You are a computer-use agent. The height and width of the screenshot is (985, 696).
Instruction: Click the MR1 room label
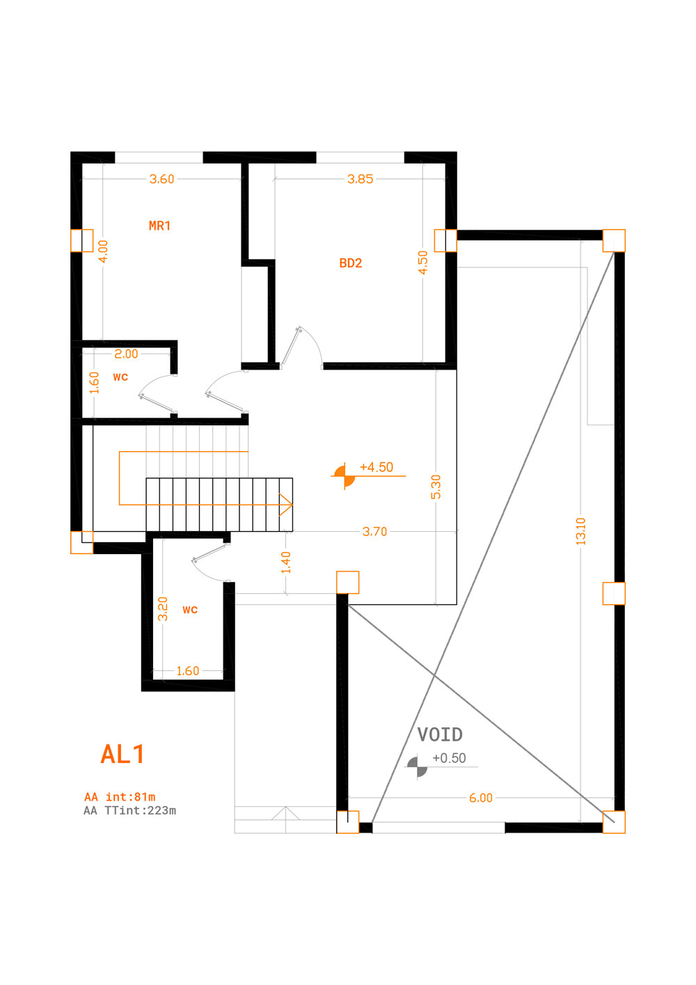click(x=159, y=226)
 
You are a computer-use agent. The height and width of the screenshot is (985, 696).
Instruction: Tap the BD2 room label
click(x=351, y=263)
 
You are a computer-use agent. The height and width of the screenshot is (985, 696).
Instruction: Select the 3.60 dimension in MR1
click(x=162, y=179)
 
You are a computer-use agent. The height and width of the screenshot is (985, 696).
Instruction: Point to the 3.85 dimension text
click(x=361, y=179)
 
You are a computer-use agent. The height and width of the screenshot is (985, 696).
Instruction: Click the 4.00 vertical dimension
click(x=103, y=251)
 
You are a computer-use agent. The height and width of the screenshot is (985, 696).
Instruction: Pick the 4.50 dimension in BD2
click(x=423, y=262)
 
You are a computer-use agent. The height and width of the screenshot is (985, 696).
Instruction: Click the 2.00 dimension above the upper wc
click(x=126, y=354)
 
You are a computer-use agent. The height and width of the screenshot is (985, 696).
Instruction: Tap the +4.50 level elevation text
click(x=377, y=467)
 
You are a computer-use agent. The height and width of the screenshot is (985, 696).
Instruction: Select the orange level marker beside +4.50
click(x=344, y=475)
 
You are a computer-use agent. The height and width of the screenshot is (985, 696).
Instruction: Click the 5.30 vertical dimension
click(x=436, y=487)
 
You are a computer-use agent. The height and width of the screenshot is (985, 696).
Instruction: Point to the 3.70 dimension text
click(x=374, y=532)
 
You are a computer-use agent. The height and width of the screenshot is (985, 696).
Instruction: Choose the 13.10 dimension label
click(x=581, y=531)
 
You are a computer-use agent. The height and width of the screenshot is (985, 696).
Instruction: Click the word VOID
click(x=440, y=734)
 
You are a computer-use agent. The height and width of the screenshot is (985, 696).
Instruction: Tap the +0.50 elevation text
click(x=449, y=758)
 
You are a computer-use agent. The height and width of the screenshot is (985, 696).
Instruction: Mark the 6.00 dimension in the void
click(x=481, y=798)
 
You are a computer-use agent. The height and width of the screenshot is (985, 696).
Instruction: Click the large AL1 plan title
click(x=122, y=755)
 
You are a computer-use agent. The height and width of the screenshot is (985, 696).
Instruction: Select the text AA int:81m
click(x=120, y=797)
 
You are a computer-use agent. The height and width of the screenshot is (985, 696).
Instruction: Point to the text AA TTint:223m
click(x=130, y=811)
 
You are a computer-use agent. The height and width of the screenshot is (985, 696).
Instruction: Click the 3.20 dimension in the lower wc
click(x=163, y=608)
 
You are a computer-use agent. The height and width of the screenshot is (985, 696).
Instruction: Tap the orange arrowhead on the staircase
click(x=286, y=505)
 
